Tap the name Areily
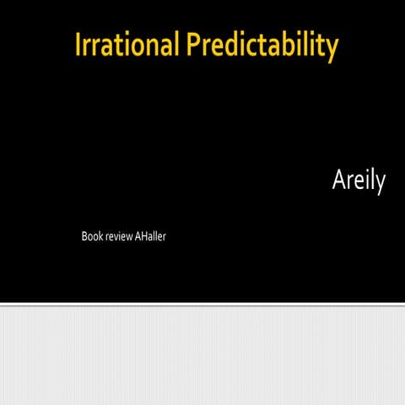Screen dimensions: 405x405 coord(359,181)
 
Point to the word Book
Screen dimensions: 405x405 coord(90,236)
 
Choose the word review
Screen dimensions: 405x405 coord(118,236)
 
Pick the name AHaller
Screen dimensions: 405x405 coord(150,236)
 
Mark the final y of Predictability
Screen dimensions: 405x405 coord(331,49)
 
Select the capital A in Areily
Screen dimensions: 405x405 coord(339,181)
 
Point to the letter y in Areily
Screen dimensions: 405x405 coord(380,185)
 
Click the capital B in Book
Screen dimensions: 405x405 coord(84,236)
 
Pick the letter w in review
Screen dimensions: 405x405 coord(128,237)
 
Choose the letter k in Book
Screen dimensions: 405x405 coord(99,236)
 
